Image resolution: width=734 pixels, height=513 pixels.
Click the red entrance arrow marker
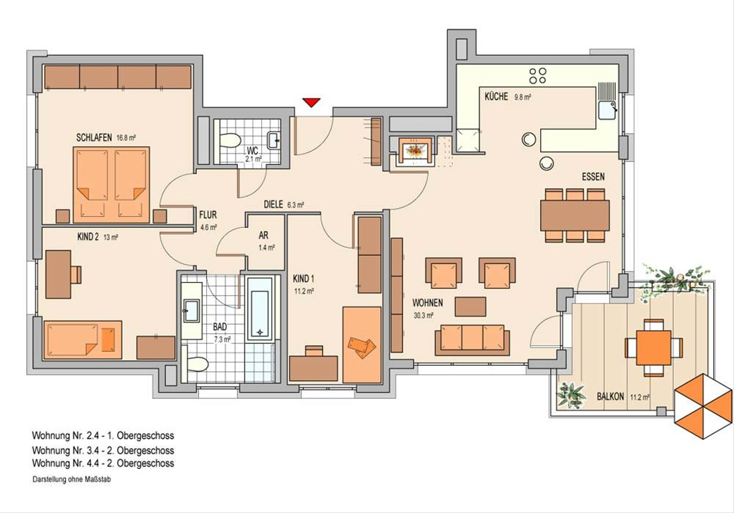click(x=311, y=103)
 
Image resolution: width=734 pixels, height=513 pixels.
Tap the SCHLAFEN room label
click(x=94, y=138)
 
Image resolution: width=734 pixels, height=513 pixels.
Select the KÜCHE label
click(x=496, y=96)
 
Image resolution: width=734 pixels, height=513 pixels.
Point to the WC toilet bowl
click(x=230, y=140)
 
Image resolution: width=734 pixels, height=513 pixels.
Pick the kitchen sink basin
click(x=607, y=111)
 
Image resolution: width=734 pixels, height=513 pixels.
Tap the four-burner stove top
click(x=538, y=76)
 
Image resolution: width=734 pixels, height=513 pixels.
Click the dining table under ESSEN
click(x=575, y=216)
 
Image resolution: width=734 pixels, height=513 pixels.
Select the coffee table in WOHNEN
click(x=470, y=307)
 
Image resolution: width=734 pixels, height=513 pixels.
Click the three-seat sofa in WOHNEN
click(x=472, y=340)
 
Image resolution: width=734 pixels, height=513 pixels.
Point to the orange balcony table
click(x=654, y=347)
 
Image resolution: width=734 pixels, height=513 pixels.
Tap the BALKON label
click(x=610, y=397)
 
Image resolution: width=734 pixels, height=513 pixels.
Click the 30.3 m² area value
click(x=423, y=316)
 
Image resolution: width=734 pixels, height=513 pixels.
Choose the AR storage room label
click(x=264, y=235)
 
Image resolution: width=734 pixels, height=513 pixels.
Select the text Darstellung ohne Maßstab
click(x=72, y=479)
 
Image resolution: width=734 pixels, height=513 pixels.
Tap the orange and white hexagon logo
click(x=703, y=406)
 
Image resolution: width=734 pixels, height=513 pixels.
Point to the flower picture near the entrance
click(x=415, y=151)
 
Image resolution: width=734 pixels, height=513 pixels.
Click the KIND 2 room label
click(x=88, y=237)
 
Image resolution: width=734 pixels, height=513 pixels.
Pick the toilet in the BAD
click(x=198, y=364)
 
